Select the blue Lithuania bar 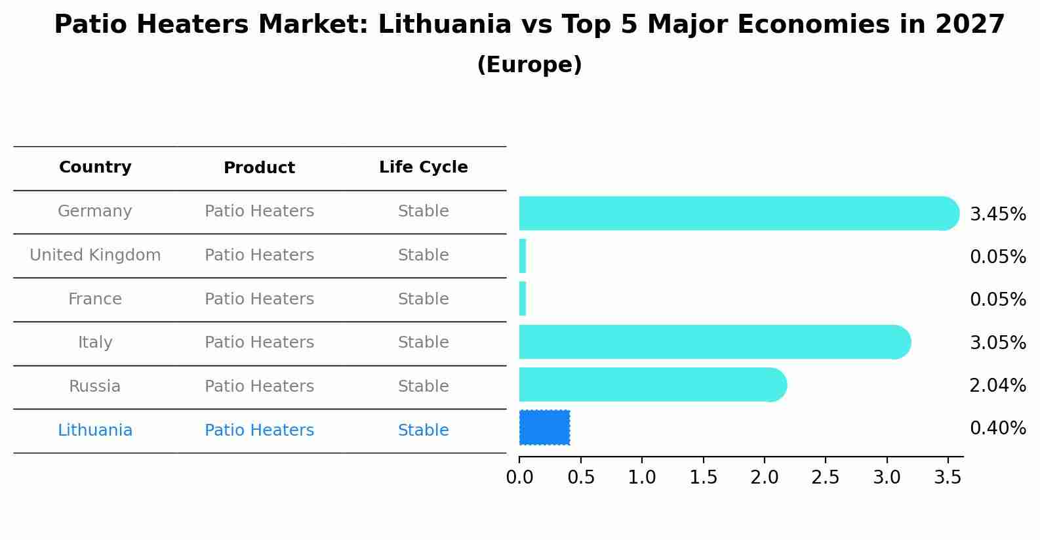point(544,428)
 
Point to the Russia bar point(652,384)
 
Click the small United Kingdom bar point(523,256)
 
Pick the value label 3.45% point(997,215)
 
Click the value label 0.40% point(997,428)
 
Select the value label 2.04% point(997,386)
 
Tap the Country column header point(95,167)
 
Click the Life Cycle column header point(423,167)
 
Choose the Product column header point(259,168)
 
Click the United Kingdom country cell point(95,255)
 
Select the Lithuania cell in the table point(95,430)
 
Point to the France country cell point(95,299)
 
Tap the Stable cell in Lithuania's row point(423,430)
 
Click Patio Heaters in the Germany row point(259,211)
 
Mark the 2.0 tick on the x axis point(765,478)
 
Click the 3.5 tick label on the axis point(948,478)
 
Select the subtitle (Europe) point(529,65)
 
